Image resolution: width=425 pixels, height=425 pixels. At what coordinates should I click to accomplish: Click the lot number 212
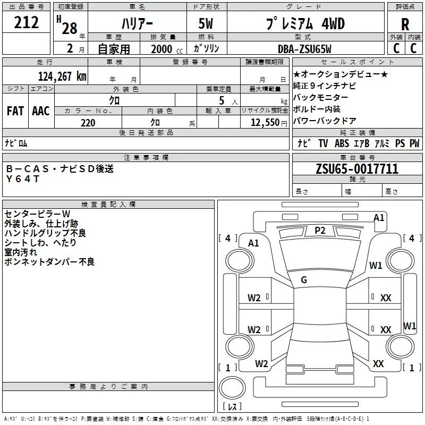(27, 23)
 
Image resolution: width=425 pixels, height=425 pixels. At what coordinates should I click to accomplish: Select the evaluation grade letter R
(405, 24)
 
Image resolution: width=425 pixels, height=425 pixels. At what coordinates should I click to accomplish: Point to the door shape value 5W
(207, 24)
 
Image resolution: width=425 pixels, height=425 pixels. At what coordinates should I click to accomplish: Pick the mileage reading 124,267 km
(62, 76)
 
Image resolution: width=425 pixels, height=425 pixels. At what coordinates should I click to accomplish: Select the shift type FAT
(15, 110)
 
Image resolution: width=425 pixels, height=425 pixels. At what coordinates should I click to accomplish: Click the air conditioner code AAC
(41, 110)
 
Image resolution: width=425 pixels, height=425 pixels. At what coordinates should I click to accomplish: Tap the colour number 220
(88, 123)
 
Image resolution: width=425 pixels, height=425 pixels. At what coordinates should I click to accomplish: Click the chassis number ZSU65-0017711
(356, 169)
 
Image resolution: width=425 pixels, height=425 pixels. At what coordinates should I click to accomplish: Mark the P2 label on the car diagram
(320, 230)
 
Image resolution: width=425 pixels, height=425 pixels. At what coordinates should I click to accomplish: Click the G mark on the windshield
(304, 280)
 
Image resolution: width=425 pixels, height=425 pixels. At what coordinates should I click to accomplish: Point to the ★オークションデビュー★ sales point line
(341, 74)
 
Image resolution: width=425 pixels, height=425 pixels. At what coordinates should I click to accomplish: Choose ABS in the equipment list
(342, 143)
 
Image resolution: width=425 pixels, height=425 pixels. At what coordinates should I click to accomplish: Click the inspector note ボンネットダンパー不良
(49, 261)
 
